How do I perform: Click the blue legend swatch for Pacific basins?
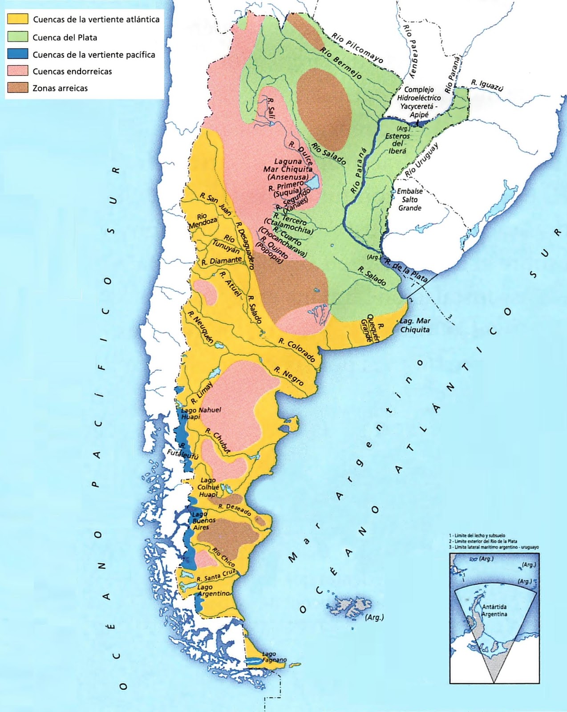(x=18, y=54)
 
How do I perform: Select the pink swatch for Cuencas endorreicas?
(x=18, y=71)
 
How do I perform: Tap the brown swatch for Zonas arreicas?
(x=18, y=88)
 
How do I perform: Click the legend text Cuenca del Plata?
(x=65, y=37)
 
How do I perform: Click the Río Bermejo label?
(x=340, y=63)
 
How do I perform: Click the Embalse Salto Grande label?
(x=410, y=199)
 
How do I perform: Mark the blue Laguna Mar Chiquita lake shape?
(x=313, y=182)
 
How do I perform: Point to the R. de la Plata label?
(x=406, y=270)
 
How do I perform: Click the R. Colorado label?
(x=297, y=349)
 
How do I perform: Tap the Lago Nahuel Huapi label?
(x=201, y=413)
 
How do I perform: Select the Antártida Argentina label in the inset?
(x=494, y=610)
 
